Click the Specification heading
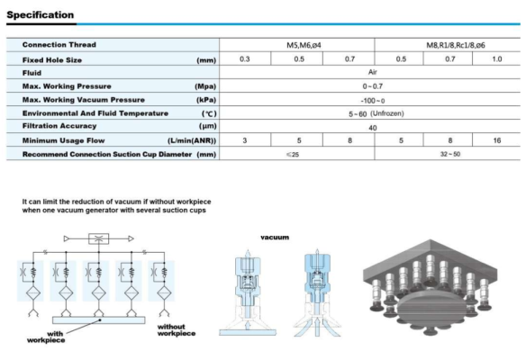[41, 15]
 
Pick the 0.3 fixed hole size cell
[245, 59]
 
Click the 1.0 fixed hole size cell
[497, 59]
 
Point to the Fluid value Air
[372, 72]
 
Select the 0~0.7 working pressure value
[372, 86]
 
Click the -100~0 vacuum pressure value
[372, 101]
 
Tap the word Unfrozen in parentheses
[387, 113]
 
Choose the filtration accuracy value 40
[372, 128]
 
